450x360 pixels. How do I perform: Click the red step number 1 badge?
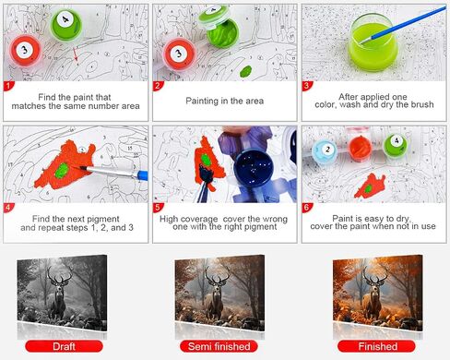point(8,86)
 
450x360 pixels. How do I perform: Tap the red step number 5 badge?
point(158,208)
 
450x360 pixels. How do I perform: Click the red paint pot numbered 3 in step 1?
point(25,51)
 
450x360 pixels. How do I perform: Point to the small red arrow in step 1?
point(76,54)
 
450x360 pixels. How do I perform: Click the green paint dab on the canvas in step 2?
point(245,72)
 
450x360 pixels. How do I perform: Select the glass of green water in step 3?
point(373,42)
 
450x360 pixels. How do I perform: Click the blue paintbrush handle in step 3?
point(409,22)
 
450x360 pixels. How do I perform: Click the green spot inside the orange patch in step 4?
point(62,171)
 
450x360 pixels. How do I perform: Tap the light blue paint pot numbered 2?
point(325,151)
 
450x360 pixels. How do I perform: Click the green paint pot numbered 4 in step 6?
point(396,145)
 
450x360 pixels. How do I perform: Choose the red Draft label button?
point(64,346)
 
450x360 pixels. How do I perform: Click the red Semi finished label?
point(219,346)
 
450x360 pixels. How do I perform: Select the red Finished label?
point(377,346)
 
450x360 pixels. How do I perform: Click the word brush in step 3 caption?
point(422,104)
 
